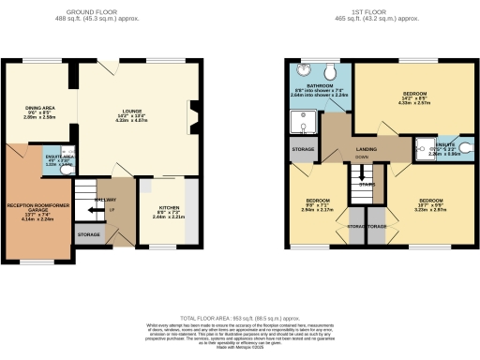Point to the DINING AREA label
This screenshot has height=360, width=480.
pos(40,110)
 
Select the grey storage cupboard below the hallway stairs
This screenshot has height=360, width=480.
pos(89,233)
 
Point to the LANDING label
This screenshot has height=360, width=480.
pos(366,148)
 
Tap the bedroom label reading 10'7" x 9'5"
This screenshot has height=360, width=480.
pos(431,203)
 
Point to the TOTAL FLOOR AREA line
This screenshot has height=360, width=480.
pos(240,320)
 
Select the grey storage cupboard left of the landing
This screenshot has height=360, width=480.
pos(303,150)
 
